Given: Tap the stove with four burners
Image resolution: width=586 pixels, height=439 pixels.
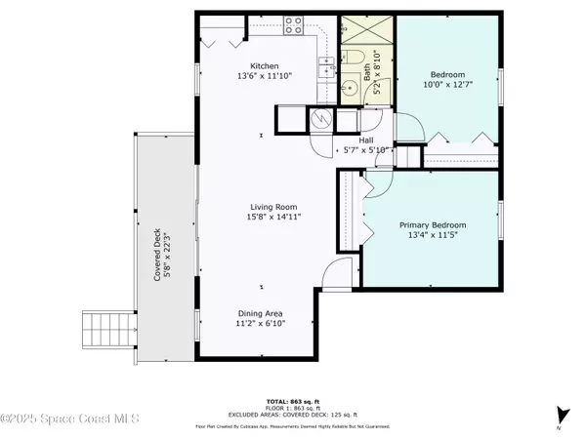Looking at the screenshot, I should pos(292,27).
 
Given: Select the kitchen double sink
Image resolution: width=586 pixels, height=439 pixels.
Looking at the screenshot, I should pos(327,67).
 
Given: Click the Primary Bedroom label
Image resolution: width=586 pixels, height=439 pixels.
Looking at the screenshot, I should pos(438,223).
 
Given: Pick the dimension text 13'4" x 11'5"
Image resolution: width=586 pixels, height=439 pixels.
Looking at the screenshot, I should pos(438,234).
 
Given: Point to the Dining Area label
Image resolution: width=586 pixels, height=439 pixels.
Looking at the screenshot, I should pos(261,313).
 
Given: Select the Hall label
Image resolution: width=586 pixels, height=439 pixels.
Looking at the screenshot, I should pos(367,140).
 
